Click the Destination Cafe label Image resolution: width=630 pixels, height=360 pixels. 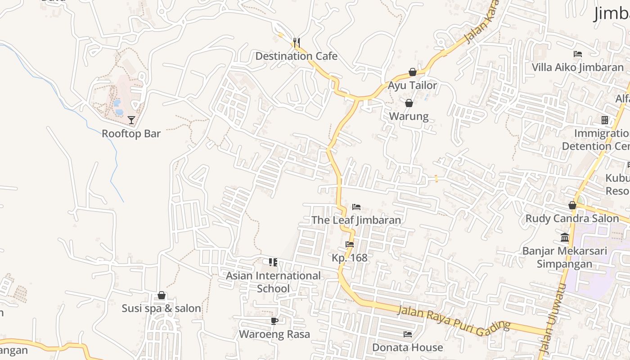[296, 56]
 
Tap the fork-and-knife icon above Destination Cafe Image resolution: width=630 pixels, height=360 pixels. [296, 43]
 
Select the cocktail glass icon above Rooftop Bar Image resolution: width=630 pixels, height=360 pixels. [131, 120]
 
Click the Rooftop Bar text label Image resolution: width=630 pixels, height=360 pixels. [131, 134]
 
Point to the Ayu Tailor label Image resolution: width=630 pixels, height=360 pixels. [413, 85]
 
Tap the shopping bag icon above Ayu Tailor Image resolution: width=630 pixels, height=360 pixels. [413, 72]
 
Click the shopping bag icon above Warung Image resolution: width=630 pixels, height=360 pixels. [409, 103]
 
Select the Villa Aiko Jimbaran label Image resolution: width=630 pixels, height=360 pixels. [578, 67]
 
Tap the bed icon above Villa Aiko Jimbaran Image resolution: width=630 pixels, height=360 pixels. [578, 54]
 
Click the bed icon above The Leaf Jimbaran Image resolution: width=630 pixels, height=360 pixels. [356, 207]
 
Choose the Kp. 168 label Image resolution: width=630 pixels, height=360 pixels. [350, 258]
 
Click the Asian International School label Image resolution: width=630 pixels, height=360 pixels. [273, 282]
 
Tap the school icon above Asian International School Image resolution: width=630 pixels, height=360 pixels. [273, 262]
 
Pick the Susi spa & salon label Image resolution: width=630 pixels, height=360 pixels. [161, 309]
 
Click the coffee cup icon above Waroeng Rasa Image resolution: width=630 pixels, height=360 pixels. [274, 321]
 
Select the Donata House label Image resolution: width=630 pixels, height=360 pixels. [407, 348]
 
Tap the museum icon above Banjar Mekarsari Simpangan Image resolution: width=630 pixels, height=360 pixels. [565, 237]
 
